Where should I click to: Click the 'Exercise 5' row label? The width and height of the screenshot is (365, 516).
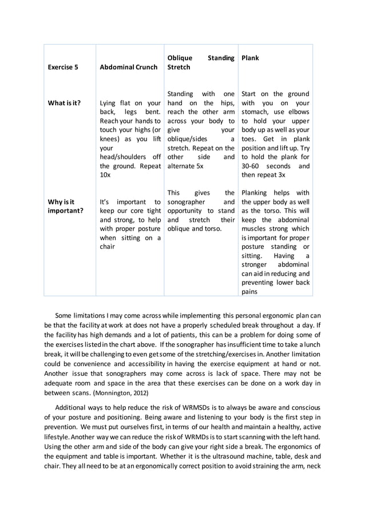(x=63, y=67)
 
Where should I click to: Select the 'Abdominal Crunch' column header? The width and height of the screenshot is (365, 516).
(x=128, y=67)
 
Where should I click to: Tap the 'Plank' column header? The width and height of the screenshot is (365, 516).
(x=251, y=58)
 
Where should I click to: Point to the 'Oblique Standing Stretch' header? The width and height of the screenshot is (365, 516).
(x=200, y=62)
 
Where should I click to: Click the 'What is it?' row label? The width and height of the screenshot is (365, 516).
(x=64, y=103)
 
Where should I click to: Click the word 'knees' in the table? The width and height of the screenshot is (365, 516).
(x=109, y=139)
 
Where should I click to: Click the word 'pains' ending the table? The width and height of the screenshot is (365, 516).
(x=249, y=291)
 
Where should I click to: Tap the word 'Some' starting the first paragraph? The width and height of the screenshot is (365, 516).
(x=64, y=315)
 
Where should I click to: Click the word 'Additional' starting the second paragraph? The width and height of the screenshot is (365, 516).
(x=72, y=407)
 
